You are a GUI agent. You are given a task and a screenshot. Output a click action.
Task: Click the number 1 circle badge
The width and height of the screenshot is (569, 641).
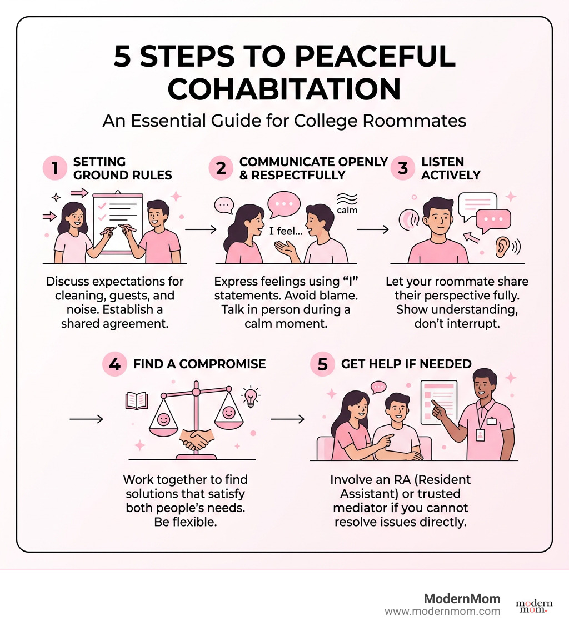[55, 168]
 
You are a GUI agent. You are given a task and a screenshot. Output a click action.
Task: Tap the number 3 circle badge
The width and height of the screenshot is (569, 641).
[403, 168]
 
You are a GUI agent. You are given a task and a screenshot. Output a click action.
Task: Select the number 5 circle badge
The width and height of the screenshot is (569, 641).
[322, 364]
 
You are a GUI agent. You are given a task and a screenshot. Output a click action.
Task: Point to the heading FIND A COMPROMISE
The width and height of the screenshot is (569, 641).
[199, 364]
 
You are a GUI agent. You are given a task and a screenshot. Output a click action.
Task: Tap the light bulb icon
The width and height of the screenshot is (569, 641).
[251, 397]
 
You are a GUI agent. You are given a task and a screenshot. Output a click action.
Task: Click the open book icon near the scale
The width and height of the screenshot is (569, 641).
[137, 400]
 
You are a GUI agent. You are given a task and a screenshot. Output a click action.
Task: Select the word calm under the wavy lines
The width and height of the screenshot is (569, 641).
[347, 211]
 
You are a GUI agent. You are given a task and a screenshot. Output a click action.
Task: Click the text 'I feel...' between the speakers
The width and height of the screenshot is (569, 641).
[286, 231]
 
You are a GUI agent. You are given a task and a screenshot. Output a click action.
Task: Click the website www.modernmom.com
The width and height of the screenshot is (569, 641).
[442, 612]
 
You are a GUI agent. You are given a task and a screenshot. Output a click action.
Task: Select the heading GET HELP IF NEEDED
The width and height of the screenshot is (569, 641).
[406, 364]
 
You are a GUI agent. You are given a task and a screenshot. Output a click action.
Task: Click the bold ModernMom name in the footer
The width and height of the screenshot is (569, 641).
[462, 599]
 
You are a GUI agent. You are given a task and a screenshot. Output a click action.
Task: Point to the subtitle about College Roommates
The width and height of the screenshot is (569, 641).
[284, 122]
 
